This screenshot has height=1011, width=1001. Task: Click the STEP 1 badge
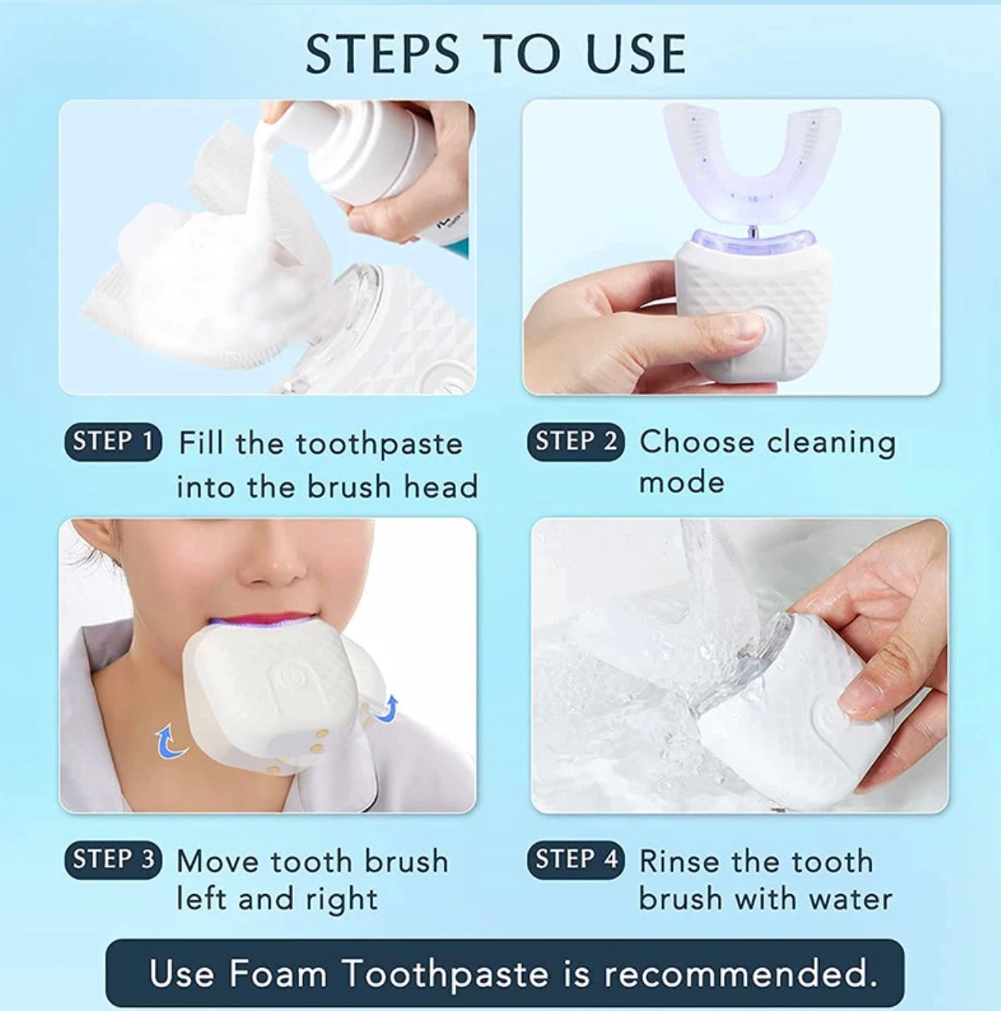pos(113,441)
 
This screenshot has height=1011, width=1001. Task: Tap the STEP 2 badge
pos(575,441)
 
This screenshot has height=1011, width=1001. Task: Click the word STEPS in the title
pos(381,54)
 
